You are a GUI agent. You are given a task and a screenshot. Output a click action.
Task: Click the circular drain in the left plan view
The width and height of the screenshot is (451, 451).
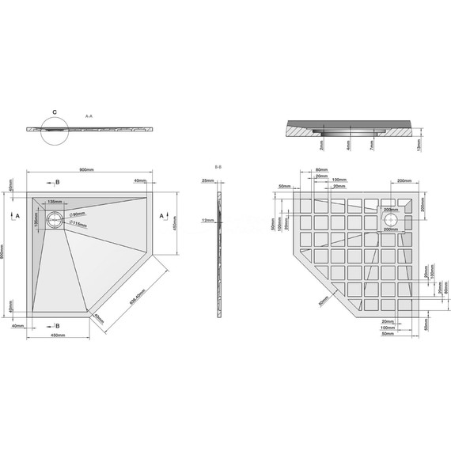(53, 222)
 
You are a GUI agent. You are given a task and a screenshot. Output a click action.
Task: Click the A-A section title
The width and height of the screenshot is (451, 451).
(89, 116)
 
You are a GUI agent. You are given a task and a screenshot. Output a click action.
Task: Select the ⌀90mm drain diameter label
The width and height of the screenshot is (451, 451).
(77, 215)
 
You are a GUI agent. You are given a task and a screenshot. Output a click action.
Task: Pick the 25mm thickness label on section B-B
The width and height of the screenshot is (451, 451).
(207, 181)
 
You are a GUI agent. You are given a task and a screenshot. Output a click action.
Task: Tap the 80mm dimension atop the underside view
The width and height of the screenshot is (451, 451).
(320, 170)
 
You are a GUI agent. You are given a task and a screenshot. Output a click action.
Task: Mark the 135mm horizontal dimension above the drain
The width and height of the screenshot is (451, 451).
(55, 203)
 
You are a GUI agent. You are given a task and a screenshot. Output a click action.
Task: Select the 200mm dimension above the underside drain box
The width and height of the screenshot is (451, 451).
(404, 181)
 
